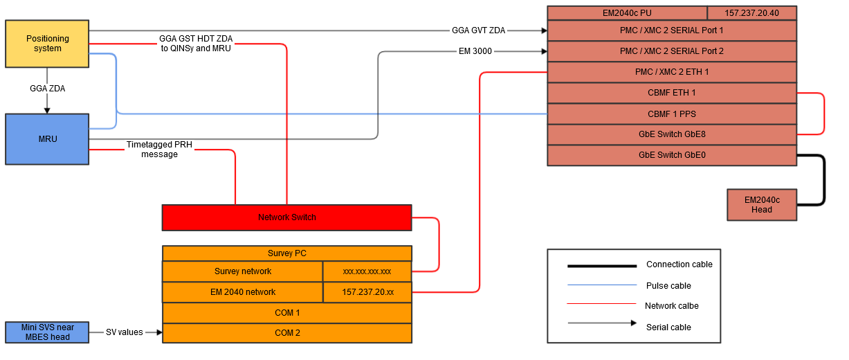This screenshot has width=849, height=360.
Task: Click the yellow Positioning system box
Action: [47, 44]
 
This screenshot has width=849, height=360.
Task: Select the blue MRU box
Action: [47, 138]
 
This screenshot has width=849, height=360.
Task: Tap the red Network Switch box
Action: [286, 217]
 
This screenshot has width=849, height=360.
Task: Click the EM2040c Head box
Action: [761, 205]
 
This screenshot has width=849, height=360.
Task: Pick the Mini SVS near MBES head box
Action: [47, 332]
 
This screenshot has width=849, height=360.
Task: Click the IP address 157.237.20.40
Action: [751, 13]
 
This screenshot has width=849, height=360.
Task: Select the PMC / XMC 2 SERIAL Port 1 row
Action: [671, 30]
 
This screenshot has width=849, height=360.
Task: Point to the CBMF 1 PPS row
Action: [671, 114]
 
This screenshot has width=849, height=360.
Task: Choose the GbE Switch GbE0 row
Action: [671, 155]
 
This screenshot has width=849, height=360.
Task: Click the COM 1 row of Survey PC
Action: [286, 313]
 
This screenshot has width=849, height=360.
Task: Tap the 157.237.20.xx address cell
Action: [367, 292]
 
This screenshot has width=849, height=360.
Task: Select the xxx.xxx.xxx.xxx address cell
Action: [367, 271]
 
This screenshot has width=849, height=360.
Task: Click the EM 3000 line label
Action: [475, 51]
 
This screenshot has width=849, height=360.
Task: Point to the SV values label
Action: [125, 332]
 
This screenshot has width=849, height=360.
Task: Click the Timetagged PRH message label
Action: [159, 150]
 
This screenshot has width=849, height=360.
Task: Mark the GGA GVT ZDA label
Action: [478, 30]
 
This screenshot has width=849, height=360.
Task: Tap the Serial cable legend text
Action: [668, 327]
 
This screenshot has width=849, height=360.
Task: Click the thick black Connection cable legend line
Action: [601, 266]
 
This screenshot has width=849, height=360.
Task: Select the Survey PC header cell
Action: [286, 253]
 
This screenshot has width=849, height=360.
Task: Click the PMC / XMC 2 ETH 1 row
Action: [671, 72]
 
